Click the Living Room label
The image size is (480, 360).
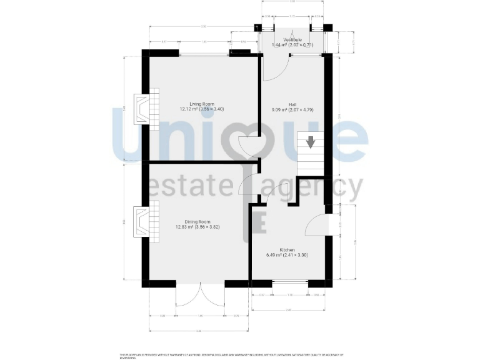coord(202,104)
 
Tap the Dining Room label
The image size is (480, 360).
coord(197,222)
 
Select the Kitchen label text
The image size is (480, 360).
coord(287,250)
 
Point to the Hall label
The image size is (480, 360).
coord(292,104)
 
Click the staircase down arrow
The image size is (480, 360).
coord(310,143)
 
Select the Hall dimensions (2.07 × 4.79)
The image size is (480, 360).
coord(302,110)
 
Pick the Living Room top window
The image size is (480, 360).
coord(204,55)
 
